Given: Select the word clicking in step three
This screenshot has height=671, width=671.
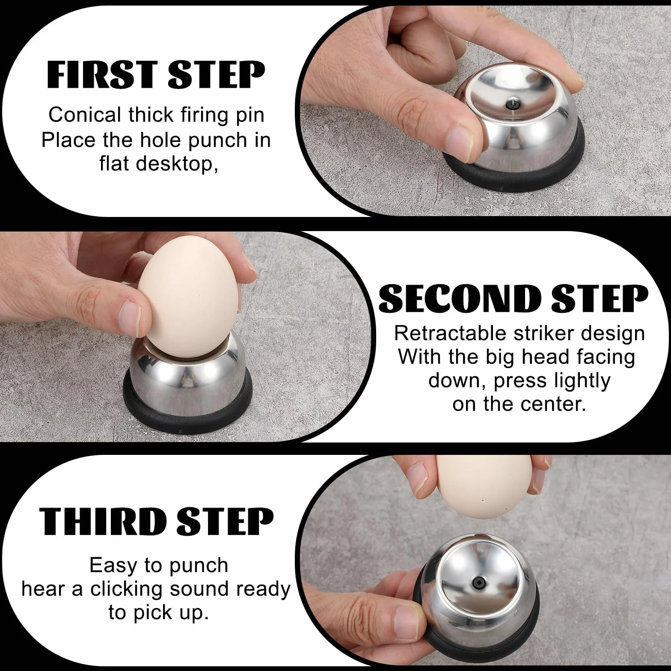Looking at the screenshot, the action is click(x=127, y=589).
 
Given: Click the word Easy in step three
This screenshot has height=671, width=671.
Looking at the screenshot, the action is click(x=115, y=567).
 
